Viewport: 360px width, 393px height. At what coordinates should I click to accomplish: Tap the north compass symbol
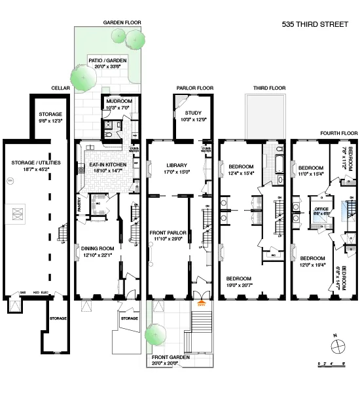click(334, 345)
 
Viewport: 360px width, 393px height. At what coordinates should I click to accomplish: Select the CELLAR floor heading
click(60, 88)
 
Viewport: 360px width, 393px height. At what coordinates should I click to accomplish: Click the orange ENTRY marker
click(201, 303)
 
